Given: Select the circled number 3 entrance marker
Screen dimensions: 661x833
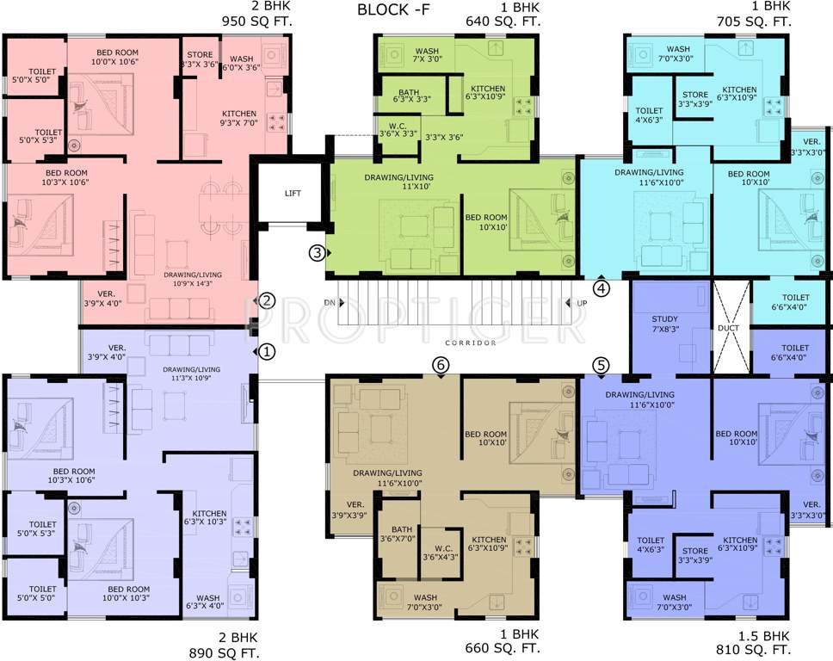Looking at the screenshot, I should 318,253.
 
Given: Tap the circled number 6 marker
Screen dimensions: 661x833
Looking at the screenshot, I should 441,365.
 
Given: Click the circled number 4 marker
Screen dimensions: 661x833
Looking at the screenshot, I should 601,287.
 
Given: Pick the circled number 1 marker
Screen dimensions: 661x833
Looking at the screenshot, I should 268,351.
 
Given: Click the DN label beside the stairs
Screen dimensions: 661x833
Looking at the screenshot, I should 329,303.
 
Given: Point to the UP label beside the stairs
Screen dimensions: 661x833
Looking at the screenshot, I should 582,303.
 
